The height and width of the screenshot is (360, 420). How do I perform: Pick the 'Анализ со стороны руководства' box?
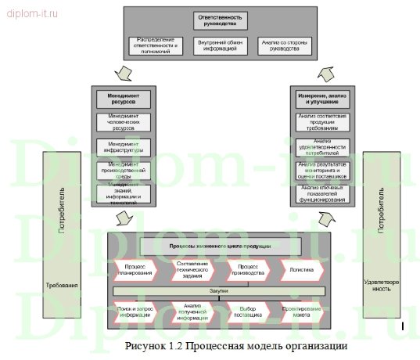pyautogui.click(x=263, y=45)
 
